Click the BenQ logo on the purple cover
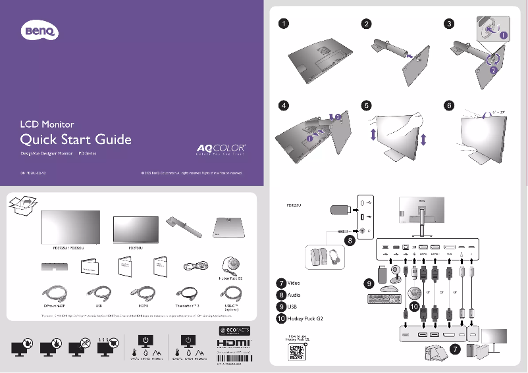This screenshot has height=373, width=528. point(39,30)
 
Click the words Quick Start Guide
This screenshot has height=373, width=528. point(76,139)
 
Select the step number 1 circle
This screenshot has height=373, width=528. point(282,24)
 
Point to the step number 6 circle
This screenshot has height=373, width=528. point(449,105)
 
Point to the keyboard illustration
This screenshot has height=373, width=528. point(384,299)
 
